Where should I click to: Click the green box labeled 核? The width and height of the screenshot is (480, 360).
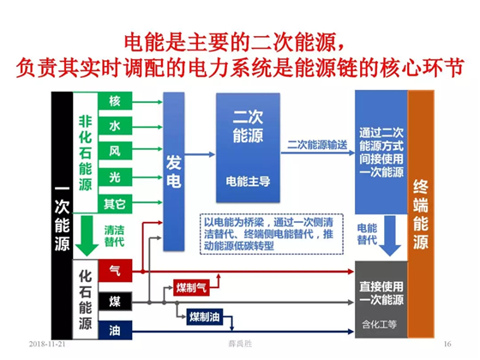point(115,101)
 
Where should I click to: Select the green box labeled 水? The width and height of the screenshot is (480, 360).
point(115,126)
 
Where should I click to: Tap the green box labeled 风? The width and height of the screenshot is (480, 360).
point(115,151)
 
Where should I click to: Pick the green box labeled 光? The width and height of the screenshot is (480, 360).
point(115,177)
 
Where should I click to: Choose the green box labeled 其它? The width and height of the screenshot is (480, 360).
point(115,204)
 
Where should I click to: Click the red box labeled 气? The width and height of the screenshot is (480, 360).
point(115,271)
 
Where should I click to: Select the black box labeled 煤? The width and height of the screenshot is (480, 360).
point(115,302)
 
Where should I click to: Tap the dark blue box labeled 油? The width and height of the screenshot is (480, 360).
point(115,330)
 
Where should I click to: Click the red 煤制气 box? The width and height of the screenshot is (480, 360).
point(191,287)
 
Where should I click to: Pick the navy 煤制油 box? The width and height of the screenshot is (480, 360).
point(205,316)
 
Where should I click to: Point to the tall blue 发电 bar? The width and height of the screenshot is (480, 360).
point(174,171)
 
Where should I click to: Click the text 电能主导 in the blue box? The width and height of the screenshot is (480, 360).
point(248,182)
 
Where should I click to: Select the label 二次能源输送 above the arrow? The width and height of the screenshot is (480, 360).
point(317,145)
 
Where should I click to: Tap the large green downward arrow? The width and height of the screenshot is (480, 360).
point(87,236)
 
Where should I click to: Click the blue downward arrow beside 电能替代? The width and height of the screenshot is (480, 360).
point(390,236)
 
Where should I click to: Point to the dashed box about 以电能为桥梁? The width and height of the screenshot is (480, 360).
point(272,234)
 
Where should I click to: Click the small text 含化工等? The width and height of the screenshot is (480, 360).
point(379,324)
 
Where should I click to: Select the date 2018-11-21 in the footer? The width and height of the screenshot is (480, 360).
point(47,344)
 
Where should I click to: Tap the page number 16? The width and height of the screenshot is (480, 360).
point(447,344)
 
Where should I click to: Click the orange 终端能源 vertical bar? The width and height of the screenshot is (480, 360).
point(421,214)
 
